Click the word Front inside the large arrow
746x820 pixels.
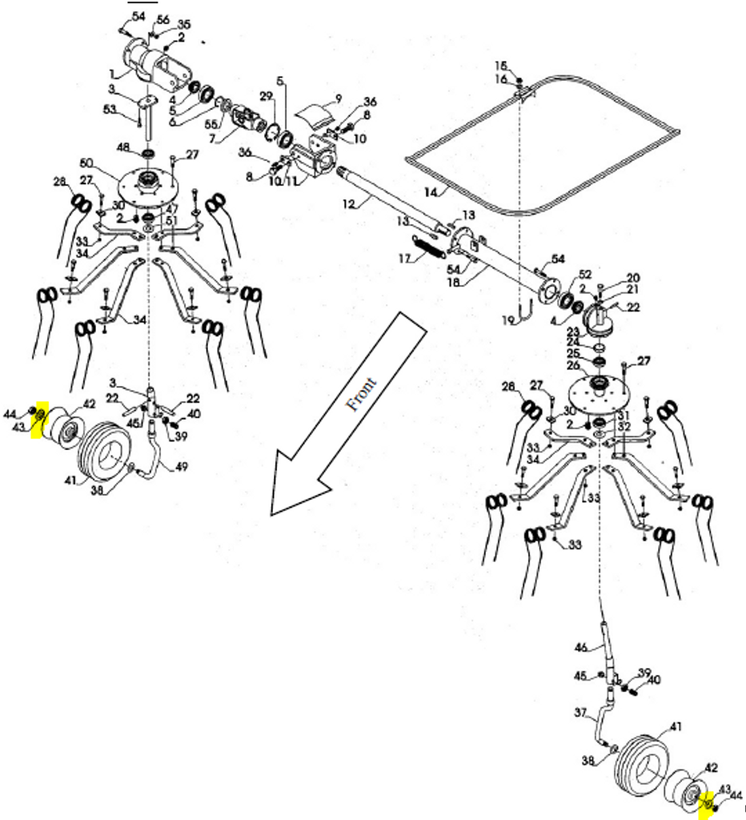pos(363,393)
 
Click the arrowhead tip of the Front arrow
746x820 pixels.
pos(272,513)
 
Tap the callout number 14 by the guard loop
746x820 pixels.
pos(431,192)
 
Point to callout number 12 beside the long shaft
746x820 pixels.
pos(348,205)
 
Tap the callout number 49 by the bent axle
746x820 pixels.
pos(181,467)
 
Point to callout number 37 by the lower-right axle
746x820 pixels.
pos(581,711)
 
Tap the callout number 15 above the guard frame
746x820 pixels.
pos(501,65)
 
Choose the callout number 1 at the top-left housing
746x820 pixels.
pos(113,74)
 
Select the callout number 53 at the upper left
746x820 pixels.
pos(110,109)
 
